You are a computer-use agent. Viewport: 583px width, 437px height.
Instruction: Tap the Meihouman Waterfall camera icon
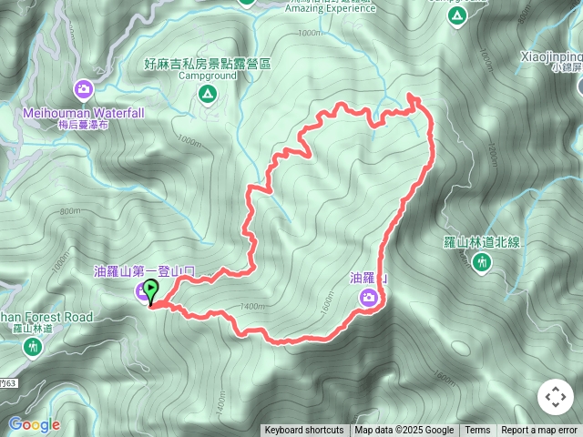click(85, 88)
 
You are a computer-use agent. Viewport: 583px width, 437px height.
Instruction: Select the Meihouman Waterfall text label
click(84, 113)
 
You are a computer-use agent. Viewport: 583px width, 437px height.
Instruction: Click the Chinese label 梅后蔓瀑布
click(84, 125)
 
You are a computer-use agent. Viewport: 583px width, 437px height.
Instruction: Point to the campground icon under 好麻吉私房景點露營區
click(208, 94)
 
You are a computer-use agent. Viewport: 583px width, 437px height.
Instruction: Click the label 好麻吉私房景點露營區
click(208, 64)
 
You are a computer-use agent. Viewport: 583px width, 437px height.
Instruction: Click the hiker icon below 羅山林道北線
click(483, 263)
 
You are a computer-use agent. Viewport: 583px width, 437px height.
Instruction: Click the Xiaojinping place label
click(551, 55)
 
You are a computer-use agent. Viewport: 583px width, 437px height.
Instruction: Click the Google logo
click(34, 424)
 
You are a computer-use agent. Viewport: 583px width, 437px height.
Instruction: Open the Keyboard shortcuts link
click(304, 431)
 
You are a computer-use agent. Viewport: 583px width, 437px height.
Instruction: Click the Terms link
click(477, 431)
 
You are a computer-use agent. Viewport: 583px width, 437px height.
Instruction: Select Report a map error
click(540, 431)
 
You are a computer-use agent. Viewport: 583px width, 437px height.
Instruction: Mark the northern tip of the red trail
click(412, 95)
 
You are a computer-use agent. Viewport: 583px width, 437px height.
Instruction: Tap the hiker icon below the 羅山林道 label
click(34, 346)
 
